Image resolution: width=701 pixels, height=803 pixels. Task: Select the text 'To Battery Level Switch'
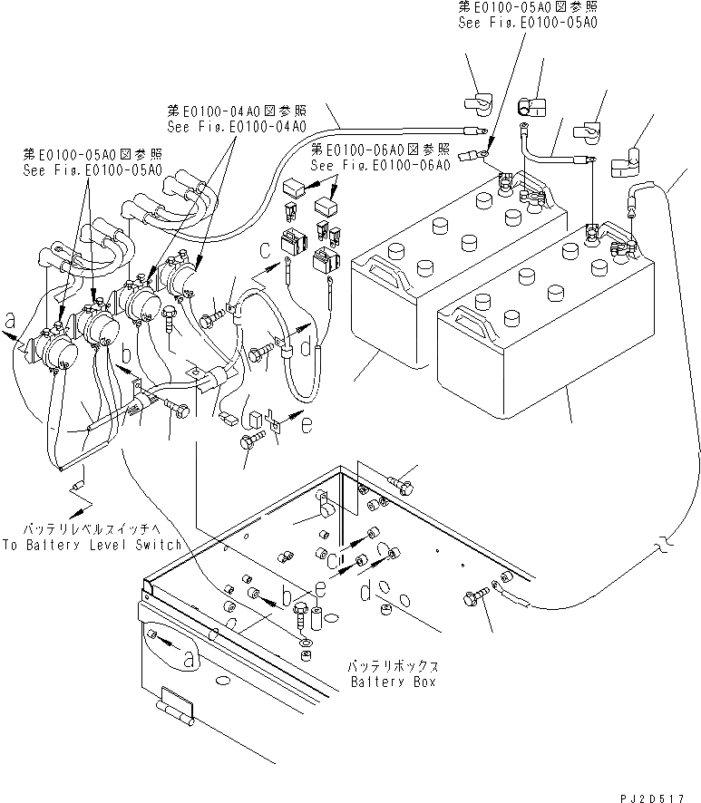point(91,545)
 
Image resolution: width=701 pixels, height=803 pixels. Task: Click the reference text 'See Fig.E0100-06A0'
point(380,166)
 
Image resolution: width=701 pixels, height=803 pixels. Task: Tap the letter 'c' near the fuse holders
point(265,249)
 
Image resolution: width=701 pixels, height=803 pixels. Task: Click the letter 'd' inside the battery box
point(365,594)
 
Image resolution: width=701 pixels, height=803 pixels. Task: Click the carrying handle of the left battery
point(382,269)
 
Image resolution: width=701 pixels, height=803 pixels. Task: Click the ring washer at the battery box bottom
point(304,644)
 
